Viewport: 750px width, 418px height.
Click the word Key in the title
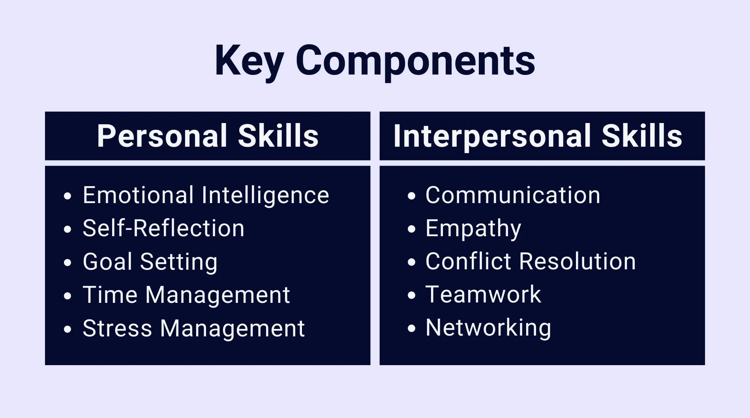click(249, 61)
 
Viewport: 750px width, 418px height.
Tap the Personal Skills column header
click(208, 136)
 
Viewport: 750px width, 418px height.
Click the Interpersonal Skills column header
click(538, 136)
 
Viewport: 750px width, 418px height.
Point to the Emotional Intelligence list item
click(206, 195)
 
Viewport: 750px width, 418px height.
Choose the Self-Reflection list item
click(163, 228)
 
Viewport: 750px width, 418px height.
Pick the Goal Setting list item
click(150, 261)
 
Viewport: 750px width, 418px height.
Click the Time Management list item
click(186, 295)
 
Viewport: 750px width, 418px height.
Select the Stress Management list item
click(193, 328)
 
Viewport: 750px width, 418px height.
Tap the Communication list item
click(513, 195)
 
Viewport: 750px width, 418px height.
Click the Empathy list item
click(473, 228)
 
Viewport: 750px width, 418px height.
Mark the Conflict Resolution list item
click(531, 261)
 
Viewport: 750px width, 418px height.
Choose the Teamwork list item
click(483, 295)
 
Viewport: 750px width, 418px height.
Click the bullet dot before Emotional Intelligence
click(67, 196)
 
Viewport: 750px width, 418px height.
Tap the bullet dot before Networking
click(412, 328)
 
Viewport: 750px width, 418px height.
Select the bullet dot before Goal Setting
click(67, 262)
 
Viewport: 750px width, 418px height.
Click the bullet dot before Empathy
click(412, 229)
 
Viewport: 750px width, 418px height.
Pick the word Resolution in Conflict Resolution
click(577, 261)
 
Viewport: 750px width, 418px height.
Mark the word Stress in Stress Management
click(117, 328)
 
